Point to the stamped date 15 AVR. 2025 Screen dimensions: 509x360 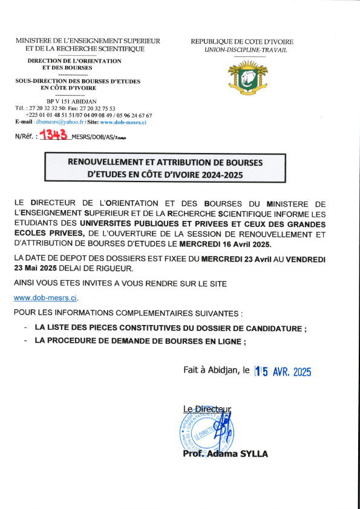(283, 372)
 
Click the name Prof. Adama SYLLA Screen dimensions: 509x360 (224, 454)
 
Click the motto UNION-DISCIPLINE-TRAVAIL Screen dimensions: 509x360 (246, 50)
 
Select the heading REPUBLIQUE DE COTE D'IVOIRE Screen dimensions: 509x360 (242, 41)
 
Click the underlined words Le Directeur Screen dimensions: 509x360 (206, 409)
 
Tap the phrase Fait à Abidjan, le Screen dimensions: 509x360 (216, 370)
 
